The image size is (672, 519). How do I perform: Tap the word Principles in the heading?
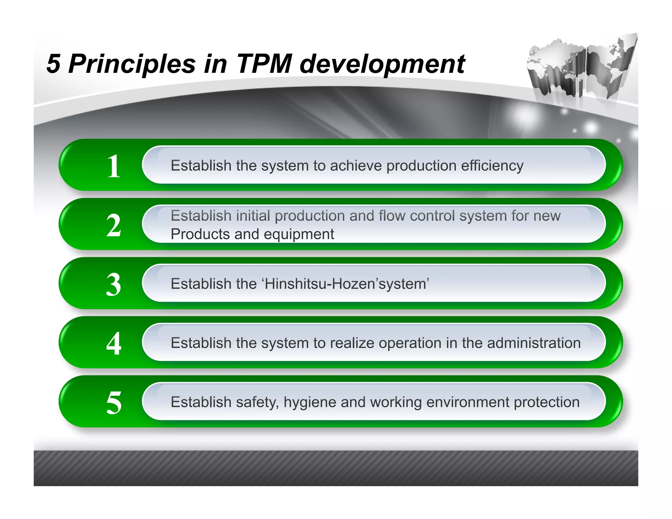[x=132, y=64]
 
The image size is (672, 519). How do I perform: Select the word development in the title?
[x=382, y=64]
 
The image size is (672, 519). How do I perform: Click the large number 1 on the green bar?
[x=114, y=166]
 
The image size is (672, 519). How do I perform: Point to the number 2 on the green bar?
[x=114, y=225]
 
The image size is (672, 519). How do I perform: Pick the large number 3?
[x=114, y=284]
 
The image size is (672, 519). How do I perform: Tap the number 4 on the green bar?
[x=114, y=343]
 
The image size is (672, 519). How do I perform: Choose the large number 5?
[x=114, y=403]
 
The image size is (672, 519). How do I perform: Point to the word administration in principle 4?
[x=534, y=343]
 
